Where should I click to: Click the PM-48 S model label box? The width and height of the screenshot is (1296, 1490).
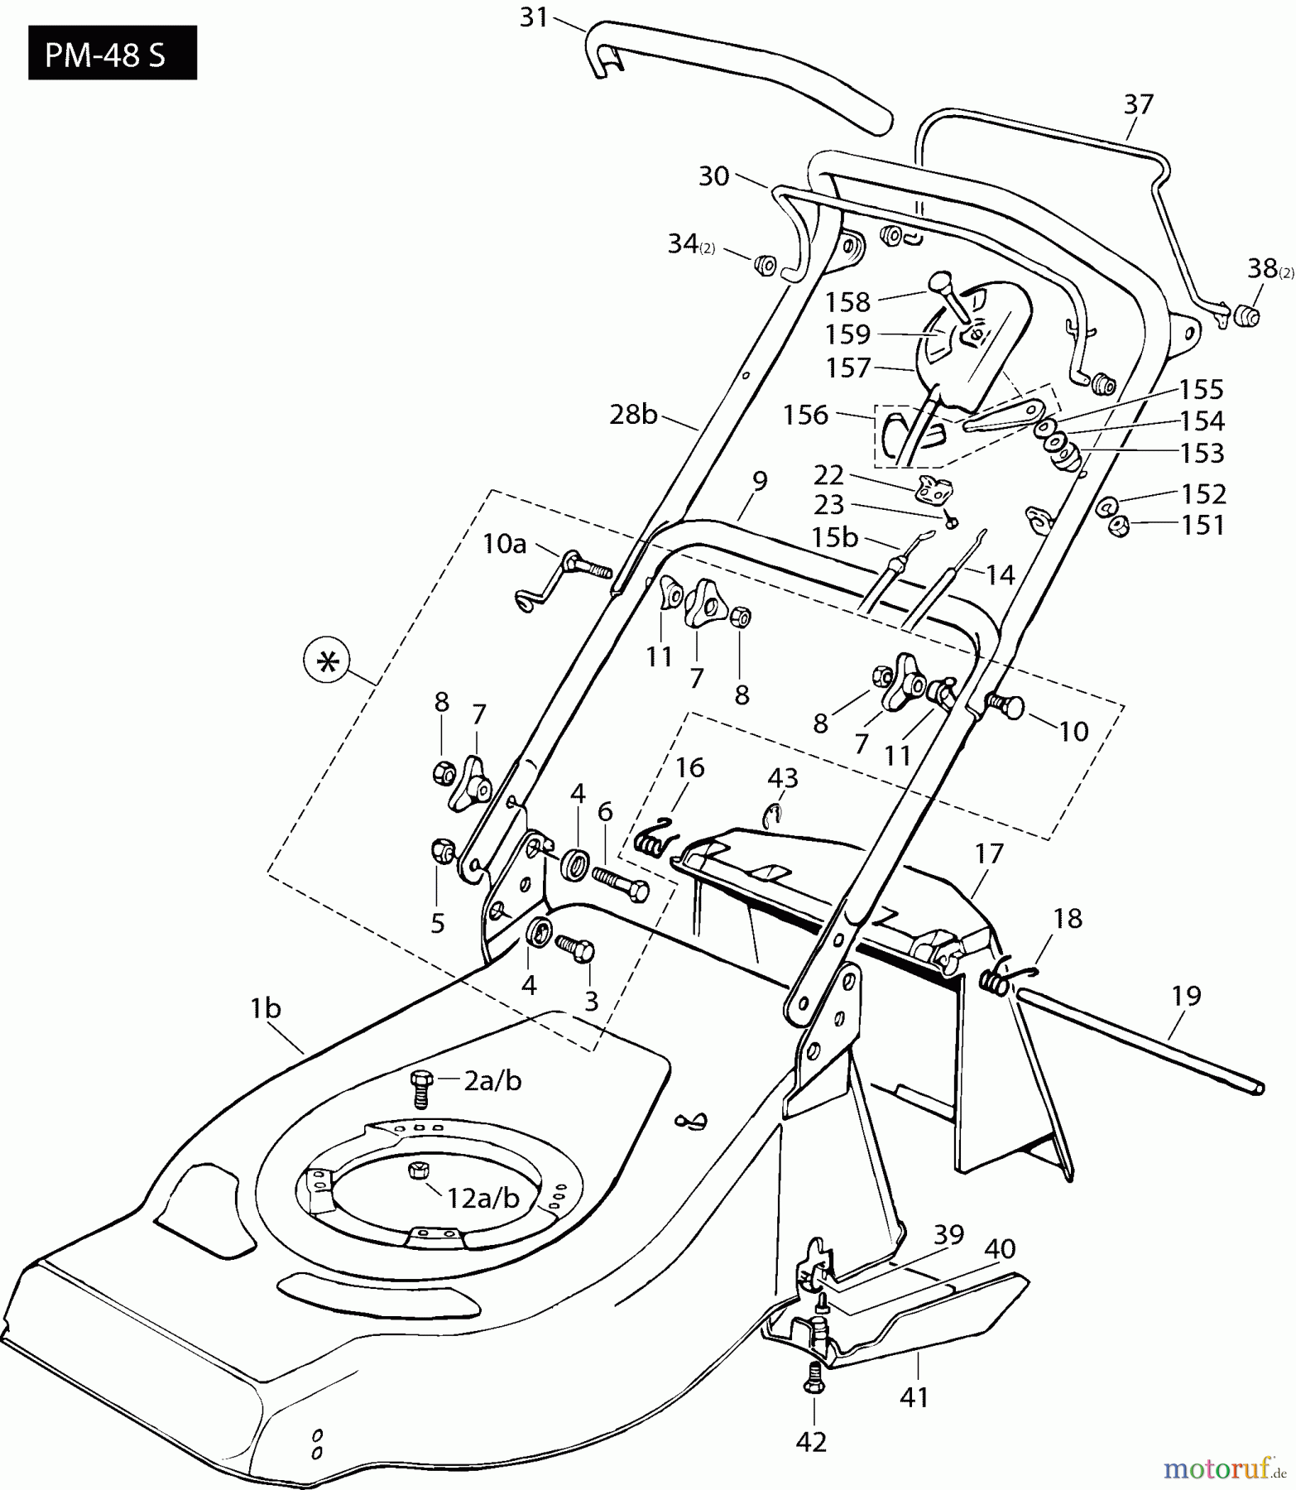coord(113,53)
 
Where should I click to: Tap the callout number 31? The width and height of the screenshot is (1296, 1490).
coord(534,17)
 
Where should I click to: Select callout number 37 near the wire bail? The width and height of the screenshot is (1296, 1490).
coord(1138,104)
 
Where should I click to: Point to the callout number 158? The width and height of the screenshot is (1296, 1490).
coord(847,302)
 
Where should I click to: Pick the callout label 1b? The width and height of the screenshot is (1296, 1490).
coord(266,1009)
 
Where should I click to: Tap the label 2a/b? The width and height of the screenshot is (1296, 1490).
coord(492,1080)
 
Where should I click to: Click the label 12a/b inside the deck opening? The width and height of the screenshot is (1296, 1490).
coord(482,1198)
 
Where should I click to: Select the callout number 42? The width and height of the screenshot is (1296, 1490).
coord(811,1442)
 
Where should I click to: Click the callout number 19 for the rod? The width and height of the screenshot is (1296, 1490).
coord(1186,996)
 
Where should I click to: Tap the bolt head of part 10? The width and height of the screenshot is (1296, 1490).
coord(1011,706)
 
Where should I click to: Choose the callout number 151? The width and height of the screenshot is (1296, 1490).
coord(1203,525)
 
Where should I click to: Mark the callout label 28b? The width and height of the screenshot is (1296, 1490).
coord(633,414)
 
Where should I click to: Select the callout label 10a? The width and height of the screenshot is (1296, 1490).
coord(505,544)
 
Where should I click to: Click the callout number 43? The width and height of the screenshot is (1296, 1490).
coord(783,778)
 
